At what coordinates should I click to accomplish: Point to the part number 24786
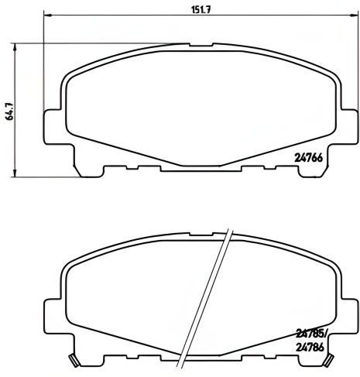(311, 348)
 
